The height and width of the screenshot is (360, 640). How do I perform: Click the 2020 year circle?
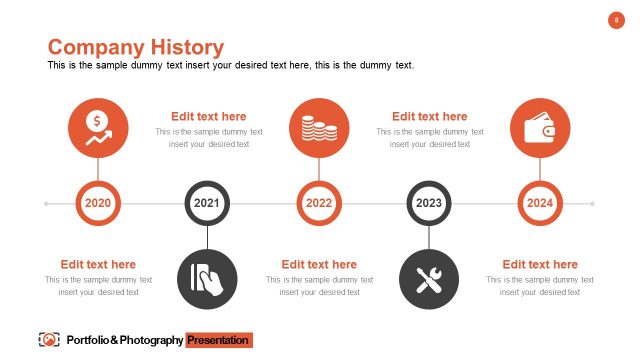click(x=98, y=204)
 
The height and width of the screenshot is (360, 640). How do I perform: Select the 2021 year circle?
click(x=207, y=204)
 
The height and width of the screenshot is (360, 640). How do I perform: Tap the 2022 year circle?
click(x=319, y=204)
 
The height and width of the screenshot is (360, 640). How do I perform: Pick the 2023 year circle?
click(x=429, y=204)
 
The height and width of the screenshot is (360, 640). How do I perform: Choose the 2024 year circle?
click(x=540, y=204)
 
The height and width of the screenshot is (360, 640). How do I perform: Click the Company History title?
click(x=136, y=47)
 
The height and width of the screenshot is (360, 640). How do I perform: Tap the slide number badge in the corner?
click(x=616, y=20)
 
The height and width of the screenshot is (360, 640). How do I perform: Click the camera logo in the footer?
click(x=48, y=340)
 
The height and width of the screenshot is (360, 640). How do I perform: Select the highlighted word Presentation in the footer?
click(x=218, y=341)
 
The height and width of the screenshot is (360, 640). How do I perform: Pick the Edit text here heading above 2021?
click(x=208, y=117)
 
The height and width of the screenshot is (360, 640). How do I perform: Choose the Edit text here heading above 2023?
click(x=429, y=117)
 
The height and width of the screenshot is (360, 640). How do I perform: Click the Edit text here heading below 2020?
click(x=98, y=265)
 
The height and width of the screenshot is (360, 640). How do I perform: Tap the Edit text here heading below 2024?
click(x=540, y=265)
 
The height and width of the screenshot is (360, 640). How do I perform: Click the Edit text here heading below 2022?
click(x=319, y=265)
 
